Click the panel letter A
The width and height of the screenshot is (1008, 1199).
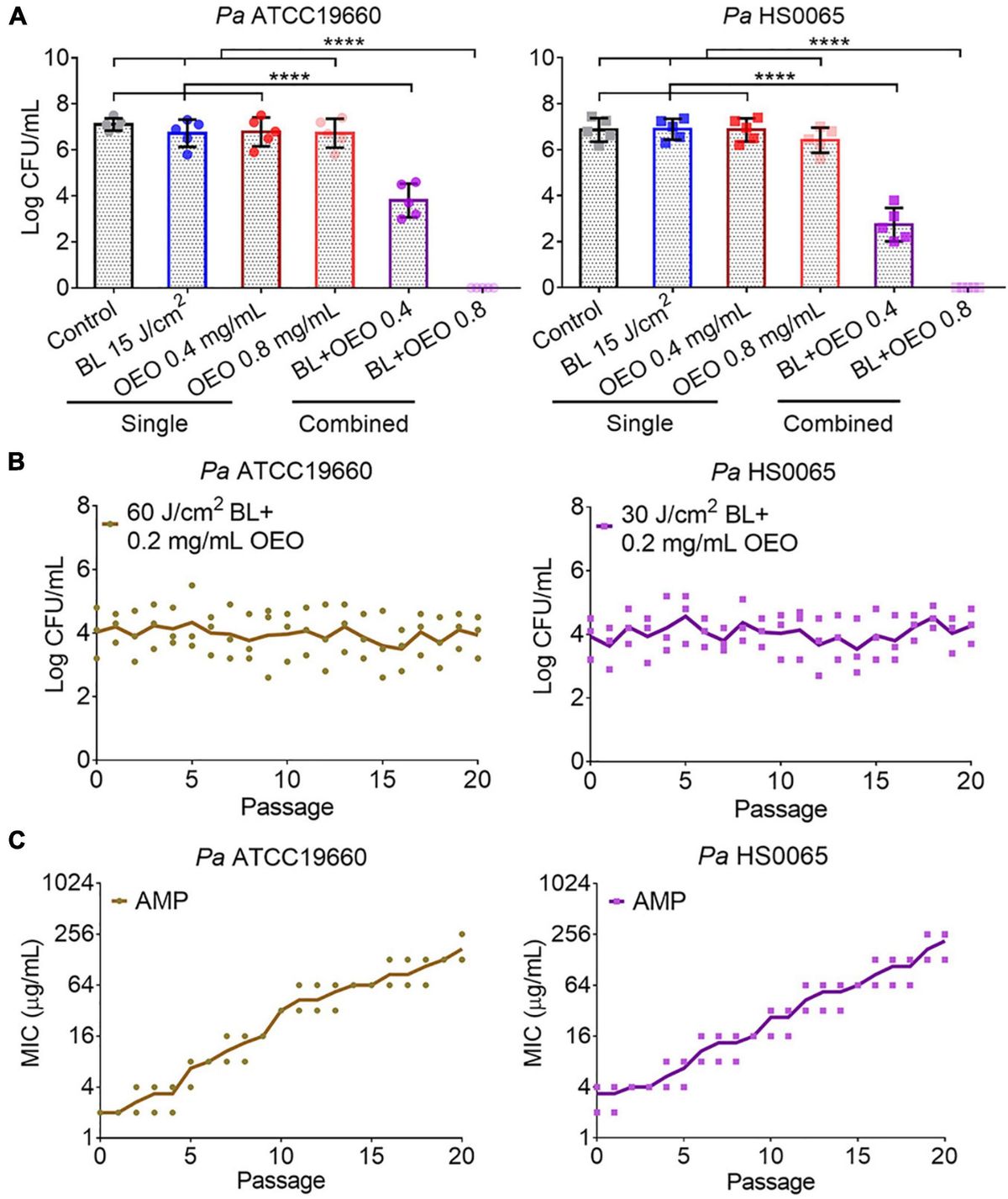pyautogui.click(x=15, y=15)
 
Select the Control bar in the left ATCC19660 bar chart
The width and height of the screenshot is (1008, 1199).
pyautogui.click(x=113, y=205)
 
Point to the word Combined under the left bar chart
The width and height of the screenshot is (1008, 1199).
pyautogui.click(x=354, y=423)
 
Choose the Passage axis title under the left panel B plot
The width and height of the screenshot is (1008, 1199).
pyautogui.click(x=286, y=807)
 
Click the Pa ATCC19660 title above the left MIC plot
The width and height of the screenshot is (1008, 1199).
pyautogui.click(x=281, y=858)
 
